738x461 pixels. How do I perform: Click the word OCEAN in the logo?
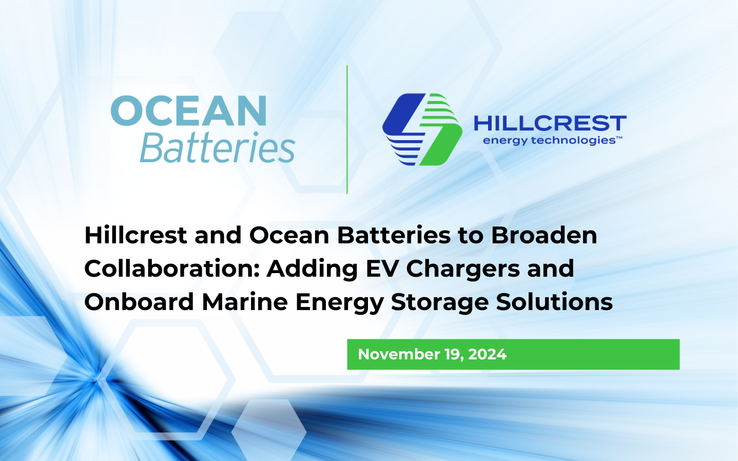pyautogui.click(x=188, y=111)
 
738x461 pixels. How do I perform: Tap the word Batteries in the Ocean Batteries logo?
pyautogui.click(x=217, y=148)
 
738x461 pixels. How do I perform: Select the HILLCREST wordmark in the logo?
pyautogui.click(x=550, y=124)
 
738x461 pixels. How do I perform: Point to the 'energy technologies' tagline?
pyautogui.click(x=549, y=141)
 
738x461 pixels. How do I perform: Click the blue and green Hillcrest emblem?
pyautogui.click(x=422, y=129)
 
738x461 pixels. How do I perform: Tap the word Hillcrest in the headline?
pyautogui.click(x=135, y=236)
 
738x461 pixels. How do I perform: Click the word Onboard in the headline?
pyautogui.click(x=139, y=302)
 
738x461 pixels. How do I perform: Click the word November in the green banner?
pyautogui.click(x=398, y=354)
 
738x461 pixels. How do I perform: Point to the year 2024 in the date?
pyautogui.click(x=488, y=354)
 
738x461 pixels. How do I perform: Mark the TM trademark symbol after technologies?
pyautogui.click(x=619, y=138)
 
